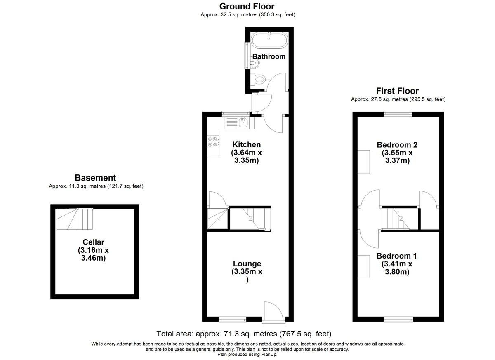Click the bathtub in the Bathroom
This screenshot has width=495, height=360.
269,40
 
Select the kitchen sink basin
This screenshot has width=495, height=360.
243,122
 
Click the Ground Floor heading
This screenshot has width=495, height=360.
247,7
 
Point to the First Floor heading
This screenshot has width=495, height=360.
397,91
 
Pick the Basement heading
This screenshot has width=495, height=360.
95,178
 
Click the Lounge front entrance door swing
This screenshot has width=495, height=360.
273,310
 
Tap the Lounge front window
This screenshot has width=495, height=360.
233,319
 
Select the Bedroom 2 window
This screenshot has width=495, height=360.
398,114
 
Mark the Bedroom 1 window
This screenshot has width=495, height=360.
398,319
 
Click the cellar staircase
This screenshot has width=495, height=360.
75,219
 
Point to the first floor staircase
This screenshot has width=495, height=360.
396,219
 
